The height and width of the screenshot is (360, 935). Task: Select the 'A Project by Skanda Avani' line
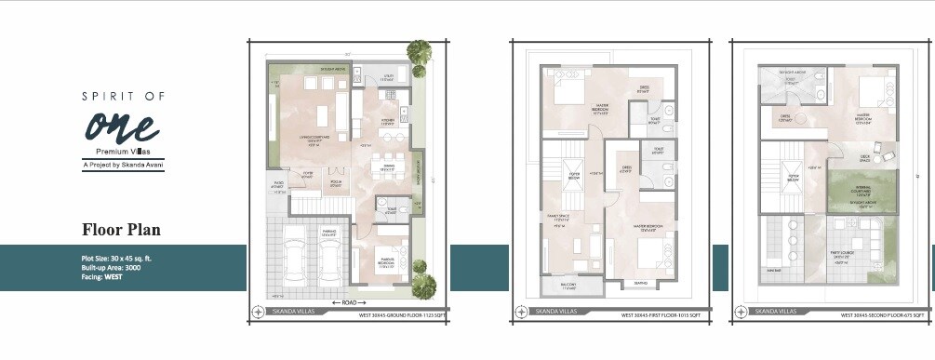[123, 165]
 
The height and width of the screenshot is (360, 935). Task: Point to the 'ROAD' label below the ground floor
[349, 303]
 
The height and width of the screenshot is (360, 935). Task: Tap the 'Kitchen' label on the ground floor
[385, 122]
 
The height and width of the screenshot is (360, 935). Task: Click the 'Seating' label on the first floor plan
[641, 283]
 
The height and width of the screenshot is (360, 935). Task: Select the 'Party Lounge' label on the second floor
[846, 252]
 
